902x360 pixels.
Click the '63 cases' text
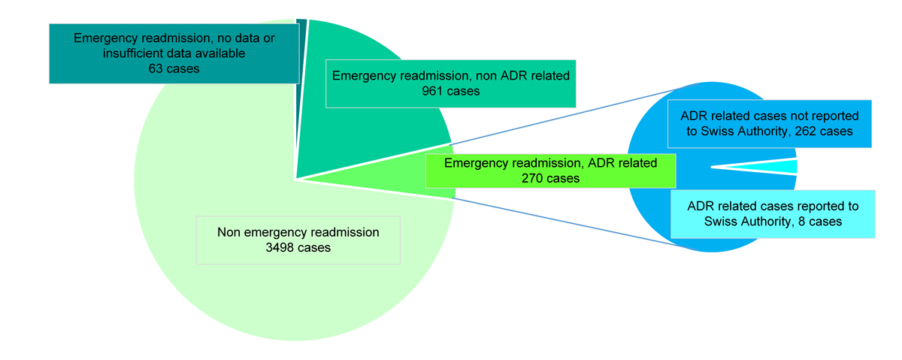click(x=174, y=68)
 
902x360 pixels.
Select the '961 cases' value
click(x=451, y=91)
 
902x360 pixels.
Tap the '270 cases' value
click(x=550, y=178)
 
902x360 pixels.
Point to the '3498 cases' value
click(x=298, y=247)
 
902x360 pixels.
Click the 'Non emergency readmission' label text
click(x=298, y=232)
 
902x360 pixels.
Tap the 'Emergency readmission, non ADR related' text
click(x=451, y=76)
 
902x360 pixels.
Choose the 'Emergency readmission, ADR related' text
click(x=550, y=163)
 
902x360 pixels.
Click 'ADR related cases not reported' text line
click(x=768, y=116)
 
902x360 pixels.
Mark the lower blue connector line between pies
click(x=571, y=222)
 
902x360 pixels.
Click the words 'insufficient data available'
click(x=174, y=53)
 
